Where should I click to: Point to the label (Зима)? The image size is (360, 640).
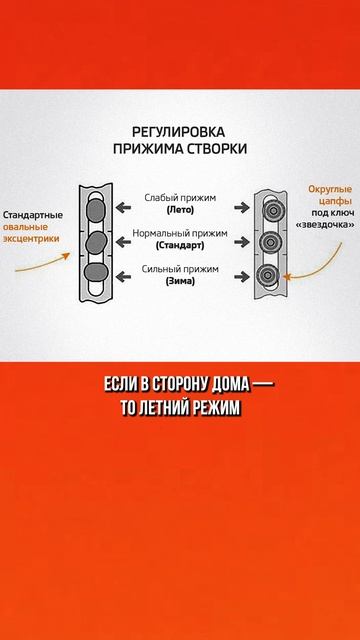pos(180,281)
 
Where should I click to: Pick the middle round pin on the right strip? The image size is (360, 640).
pos(268,243)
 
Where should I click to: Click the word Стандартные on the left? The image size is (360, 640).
pos(33,215)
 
